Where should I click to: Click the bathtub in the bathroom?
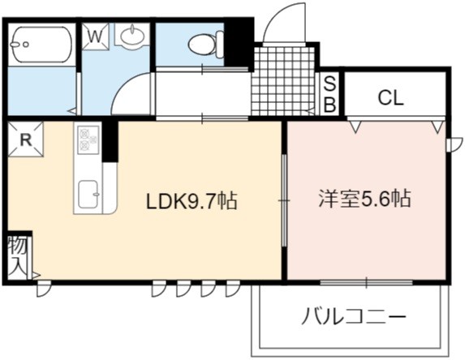41,45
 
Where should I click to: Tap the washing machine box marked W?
96,36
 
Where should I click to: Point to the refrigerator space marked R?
25,139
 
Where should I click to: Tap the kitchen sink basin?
88,194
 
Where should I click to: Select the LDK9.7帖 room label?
192,201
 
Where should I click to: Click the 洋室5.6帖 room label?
364,199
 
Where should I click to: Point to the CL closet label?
390,98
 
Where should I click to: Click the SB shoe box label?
329,94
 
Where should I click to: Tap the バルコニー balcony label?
354,316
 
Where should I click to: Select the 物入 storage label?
18,256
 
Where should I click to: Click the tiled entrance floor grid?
283,81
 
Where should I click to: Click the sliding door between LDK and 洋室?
284,200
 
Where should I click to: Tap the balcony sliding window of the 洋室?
366,282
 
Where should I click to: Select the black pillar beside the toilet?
239,45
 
